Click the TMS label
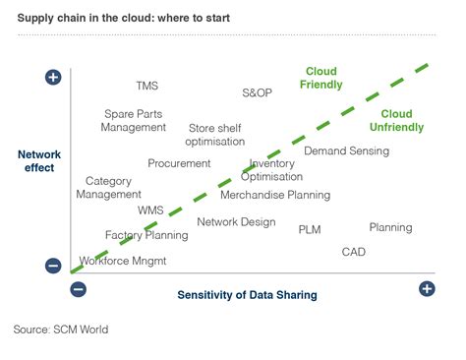(x=146, y=86)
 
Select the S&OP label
(x=257, y=92)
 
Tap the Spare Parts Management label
(x=135, y=120)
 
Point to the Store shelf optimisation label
(x=214, y=135)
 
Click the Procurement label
(x=179, y=163)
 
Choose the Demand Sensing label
(x=346, y=151)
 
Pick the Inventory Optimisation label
(x=272, y=170)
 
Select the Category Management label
(x=108, y=188)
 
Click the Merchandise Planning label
(x=274, y=195)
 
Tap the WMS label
(x=150, y=210)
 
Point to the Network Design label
(x=236, y=222)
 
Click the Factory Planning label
(x=146, y=236)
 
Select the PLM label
(x=310, y=229)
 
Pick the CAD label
(x=354, y=252)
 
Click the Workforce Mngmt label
(x=123, y=262)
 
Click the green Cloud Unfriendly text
(x=396, y=121)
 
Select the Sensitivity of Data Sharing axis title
(x=247, y=294)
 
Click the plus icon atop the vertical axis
(x=53, y=77)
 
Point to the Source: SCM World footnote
(x=61, y=330)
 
